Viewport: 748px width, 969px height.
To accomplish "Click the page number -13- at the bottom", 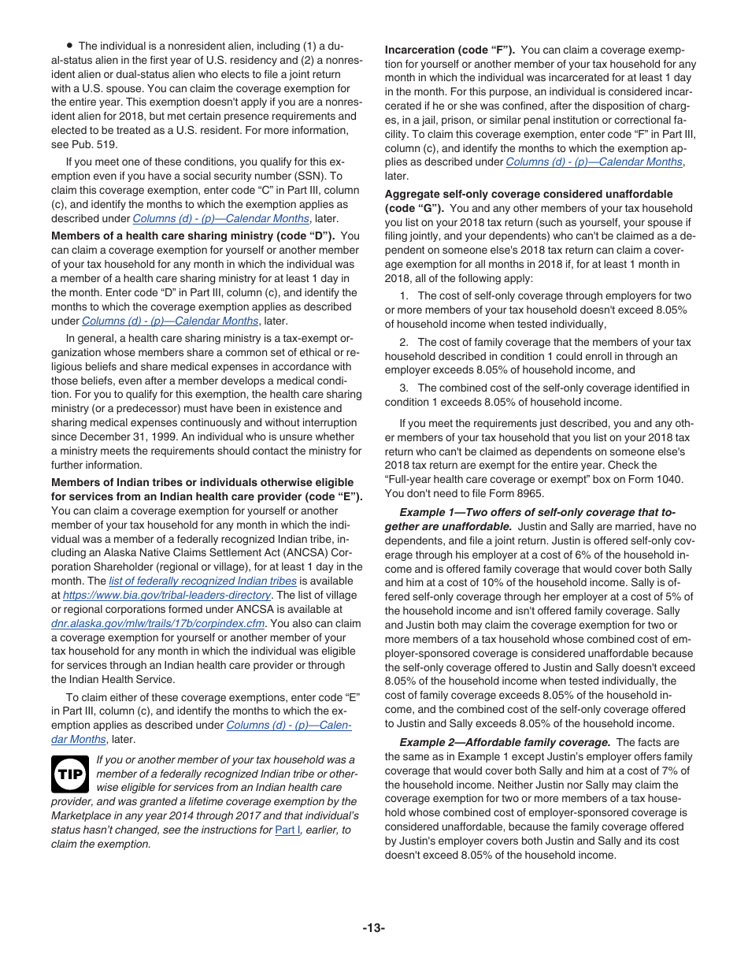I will (373, 927).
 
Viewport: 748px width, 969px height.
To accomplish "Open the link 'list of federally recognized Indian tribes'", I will (202, 581).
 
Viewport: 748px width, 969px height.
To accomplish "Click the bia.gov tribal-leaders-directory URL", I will (167, 595).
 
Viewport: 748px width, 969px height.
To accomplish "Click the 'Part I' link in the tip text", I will (287, 830).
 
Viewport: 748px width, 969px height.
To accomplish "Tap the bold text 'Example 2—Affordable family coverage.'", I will (505, 742).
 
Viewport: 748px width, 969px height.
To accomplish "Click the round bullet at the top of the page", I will (70, 46).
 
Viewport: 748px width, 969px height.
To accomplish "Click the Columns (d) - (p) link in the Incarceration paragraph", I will (593, 161).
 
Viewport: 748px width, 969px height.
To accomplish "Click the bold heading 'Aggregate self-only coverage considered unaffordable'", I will (528, 194).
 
